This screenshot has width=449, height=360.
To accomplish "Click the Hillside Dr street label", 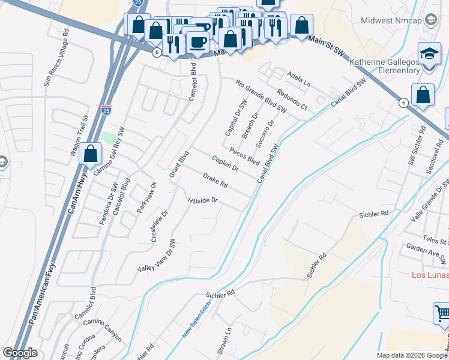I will (x=202, y=200).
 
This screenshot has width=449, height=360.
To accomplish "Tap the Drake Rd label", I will (x=215, y=179).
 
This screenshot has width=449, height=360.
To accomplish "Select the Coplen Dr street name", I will (x=225, y=163).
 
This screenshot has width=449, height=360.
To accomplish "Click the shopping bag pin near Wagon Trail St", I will (x=90, y=154).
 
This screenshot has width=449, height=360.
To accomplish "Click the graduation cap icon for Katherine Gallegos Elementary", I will (x=429, y=55).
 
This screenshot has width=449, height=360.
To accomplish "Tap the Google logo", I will (x=20, y=353).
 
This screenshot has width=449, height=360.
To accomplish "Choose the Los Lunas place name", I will (x=429, y=275).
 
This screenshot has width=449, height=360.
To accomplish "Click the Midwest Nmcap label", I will (x=393, y=20).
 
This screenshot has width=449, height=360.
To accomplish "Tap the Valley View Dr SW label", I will (x=156, y=256).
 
